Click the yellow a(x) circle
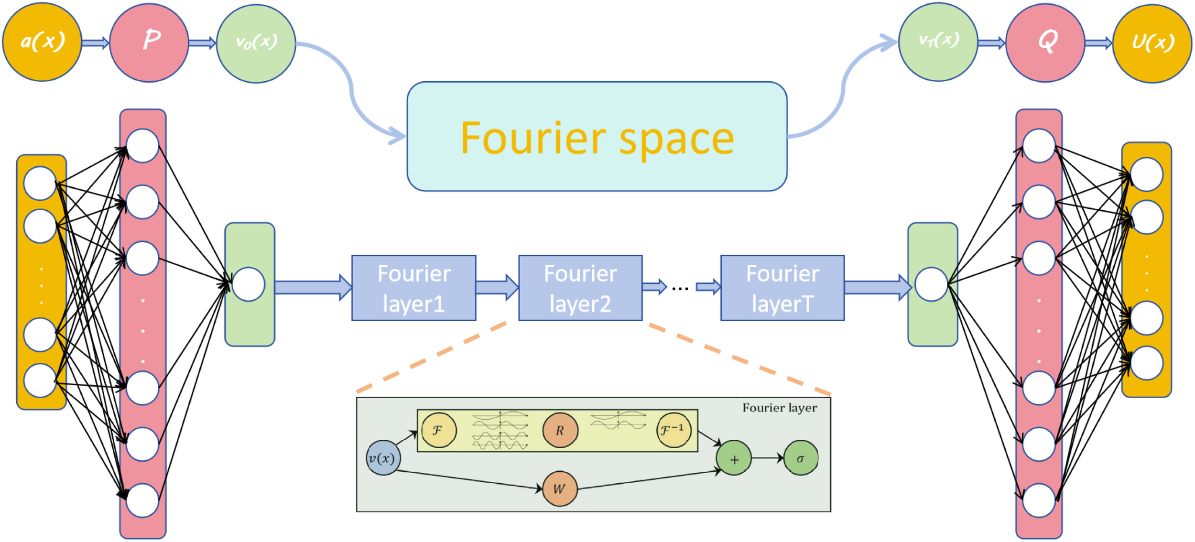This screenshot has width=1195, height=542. [42, 42]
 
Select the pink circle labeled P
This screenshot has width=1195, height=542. [149, 42]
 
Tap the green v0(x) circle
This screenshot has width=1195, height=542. [256, 43]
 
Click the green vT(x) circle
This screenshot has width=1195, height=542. [938, 42]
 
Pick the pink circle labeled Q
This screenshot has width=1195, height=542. [1045, 42]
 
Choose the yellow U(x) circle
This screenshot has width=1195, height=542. [1152, 43]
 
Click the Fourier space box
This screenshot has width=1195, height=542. [597, 137]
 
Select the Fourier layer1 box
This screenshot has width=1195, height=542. [414, 288]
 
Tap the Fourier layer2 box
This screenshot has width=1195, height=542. [580, 288]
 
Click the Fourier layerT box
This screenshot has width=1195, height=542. [782, 288]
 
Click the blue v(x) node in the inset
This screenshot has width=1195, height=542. [383, 458]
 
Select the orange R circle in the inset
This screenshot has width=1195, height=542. [560, 430]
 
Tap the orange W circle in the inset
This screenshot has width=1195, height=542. [560, 489]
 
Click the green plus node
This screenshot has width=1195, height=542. [734, 458]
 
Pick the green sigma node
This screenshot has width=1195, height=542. [801, 458]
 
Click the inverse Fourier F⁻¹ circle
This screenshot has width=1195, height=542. [674, 430]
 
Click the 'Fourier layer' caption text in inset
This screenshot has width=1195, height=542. [780, 408]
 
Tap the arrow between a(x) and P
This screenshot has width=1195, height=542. [96, 43]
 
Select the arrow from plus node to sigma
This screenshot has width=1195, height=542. [768, 458]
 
